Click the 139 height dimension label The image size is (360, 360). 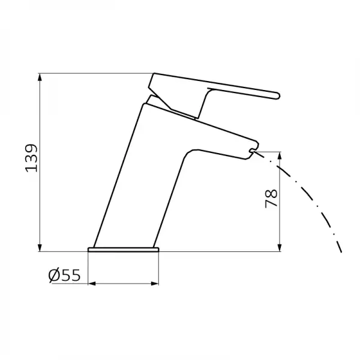[31, 158]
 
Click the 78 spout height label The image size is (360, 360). [271, 199]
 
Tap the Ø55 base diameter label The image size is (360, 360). [65, 275]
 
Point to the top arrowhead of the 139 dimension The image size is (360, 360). [40, 77]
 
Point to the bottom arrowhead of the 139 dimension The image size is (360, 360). [40, 247]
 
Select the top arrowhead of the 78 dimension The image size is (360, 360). [280, 156]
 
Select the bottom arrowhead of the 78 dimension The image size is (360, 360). [280, 247]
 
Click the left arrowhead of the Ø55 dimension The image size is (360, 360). [92, 284]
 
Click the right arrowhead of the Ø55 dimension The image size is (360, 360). [155, 284]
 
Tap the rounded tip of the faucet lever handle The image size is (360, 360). [278, 95]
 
